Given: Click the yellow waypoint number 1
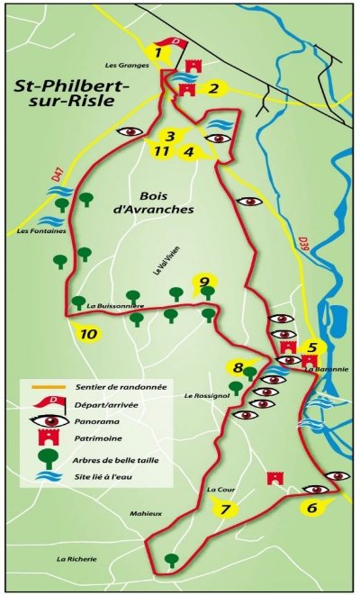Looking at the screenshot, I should click(x=158, y=53).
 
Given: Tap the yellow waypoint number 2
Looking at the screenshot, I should click(x=214, y=87).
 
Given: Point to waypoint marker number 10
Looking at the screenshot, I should click(x=88, y=334).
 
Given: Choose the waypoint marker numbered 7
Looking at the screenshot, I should click(x=225, y=510).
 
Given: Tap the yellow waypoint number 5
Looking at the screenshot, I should click(x=311, y=347).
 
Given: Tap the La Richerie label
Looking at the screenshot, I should click(x=76, y=559).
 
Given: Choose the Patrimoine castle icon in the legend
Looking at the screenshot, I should click(x=52, y=440).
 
